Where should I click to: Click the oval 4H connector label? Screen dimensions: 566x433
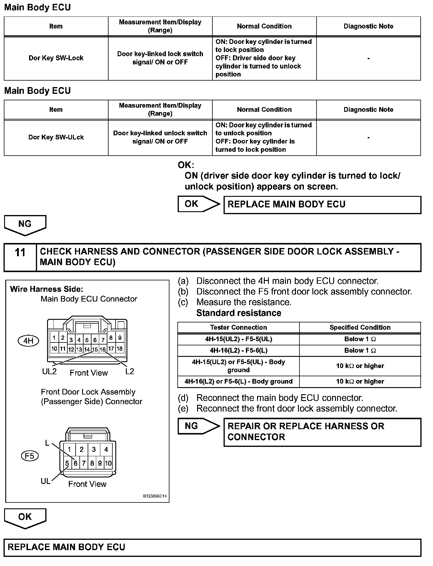click(28, 341)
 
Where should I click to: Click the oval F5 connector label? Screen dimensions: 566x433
click(30, 456)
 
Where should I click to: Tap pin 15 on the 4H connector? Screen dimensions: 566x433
click(95, 349)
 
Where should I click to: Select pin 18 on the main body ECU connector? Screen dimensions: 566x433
click(119, 349)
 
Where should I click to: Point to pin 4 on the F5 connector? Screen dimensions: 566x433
click(106, 450)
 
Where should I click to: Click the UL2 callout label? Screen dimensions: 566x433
click(49, 372)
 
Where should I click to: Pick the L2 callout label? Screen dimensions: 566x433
click(129, 372)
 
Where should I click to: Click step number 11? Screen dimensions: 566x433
click(20, 252)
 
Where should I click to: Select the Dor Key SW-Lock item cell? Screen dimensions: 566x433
click(56, 58)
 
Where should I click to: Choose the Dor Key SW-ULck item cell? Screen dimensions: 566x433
click(56, 137)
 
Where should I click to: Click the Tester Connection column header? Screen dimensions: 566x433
click(238, 327)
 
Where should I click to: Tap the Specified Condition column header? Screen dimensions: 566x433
click(360, 327)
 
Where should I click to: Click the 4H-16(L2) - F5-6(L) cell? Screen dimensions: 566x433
click(238, 350)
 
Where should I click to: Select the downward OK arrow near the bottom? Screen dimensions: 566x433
click(25, 518)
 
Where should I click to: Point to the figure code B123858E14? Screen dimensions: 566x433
click(155, 496)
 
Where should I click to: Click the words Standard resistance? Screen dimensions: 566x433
click(239, 313)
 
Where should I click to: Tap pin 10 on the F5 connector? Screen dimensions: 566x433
click(108, 464)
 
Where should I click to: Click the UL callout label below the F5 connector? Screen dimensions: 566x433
click(45, 481)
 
